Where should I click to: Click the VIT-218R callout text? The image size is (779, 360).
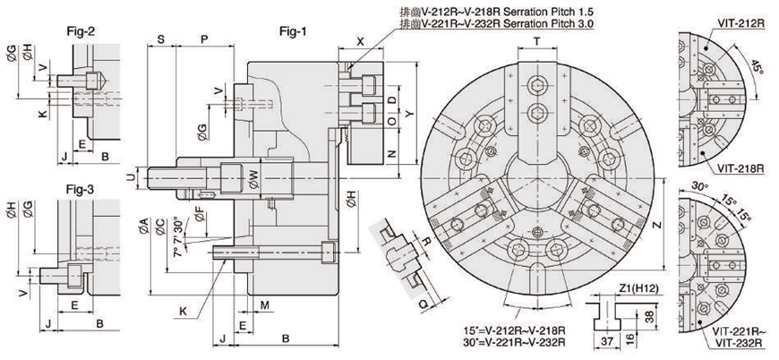pos(740,167)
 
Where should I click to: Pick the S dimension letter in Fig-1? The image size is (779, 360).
pos(159,39)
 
